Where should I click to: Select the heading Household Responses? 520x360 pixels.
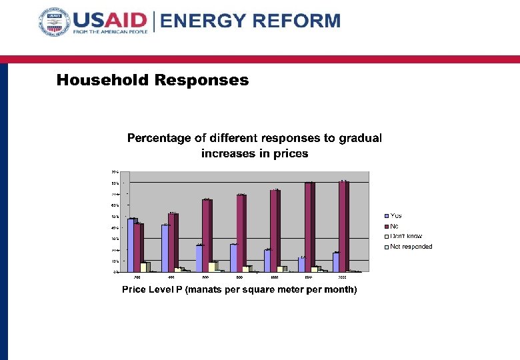coord(152,81)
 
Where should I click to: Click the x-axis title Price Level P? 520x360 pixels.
coord(239,289)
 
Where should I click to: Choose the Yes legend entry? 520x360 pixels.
coord(395,215)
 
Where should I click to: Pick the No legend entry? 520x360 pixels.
coord(394,226)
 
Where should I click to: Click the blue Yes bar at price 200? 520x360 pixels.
coord(131,245)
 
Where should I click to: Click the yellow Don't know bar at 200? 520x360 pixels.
coord(143,267)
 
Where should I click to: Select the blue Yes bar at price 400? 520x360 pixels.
coord(165,248)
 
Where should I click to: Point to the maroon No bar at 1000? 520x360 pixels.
coord(275,231)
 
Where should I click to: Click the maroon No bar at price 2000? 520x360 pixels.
coord(343,226)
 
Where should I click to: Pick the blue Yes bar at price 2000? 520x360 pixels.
coord(336,262)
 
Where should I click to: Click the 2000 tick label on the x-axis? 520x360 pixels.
coord(341,276)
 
